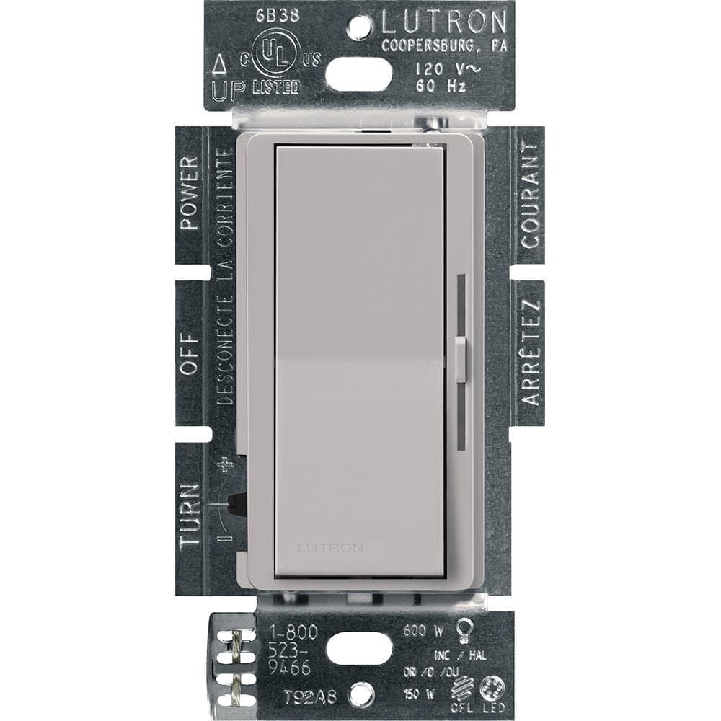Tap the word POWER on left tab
point(190,193)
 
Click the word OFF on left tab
point(190,355)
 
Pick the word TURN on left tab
point(189,516)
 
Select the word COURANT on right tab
point(531,195)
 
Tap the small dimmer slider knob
point(462,358)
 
